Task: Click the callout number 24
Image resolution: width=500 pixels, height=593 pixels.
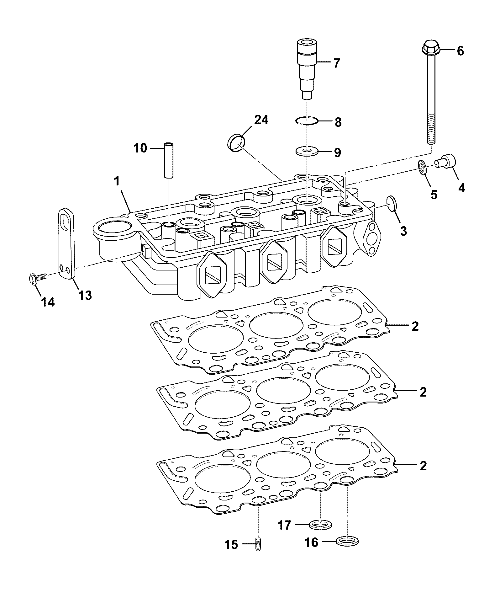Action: coord(261,120)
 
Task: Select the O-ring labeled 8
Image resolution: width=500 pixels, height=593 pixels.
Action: coord(307,120)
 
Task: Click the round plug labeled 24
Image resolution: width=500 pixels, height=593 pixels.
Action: coord(236,143)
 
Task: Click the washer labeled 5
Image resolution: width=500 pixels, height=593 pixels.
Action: coord(423,167)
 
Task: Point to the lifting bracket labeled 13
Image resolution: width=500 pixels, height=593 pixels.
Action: coord(66,243)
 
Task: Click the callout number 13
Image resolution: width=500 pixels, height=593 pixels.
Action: coord(85,295)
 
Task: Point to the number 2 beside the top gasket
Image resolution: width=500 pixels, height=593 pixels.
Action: coord(415,326)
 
